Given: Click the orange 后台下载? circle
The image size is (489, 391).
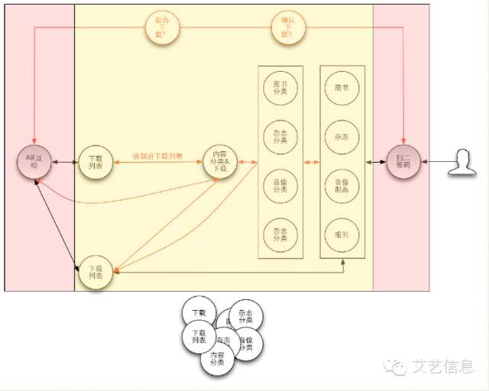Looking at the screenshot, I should (x=162, y=28).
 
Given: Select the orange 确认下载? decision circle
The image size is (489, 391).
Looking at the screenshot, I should (x=287, y=28).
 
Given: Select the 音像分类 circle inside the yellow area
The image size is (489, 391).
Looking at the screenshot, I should (x=280, y=186).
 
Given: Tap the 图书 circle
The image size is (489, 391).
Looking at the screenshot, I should (x=342, y=88).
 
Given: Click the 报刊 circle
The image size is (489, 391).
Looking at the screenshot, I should (x=342, y=234).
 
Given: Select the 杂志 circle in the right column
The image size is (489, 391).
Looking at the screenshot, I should (x=342, y=137).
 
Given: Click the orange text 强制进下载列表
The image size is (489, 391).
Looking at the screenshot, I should (x=157, y=156).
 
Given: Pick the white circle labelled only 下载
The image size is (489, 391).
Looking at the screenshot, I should (x=199, y=314).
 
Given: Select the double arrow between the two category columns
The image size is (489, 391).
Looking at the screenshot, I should (x=312, y=162).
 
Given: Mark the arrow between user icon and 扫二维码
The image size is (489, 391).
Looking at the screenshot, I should (x=435, y=162).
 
